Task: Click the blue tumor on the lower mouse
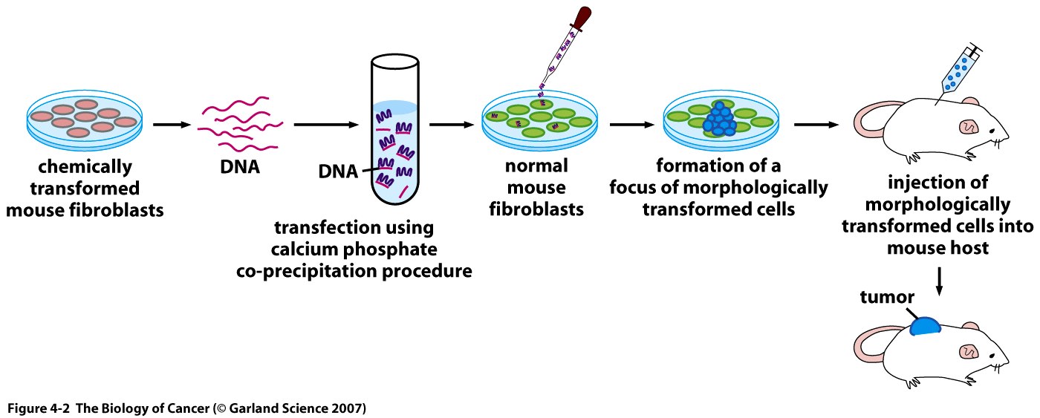925,326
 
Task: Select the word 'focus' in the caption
635,187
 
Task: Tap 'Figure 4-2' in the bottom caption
33,408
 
